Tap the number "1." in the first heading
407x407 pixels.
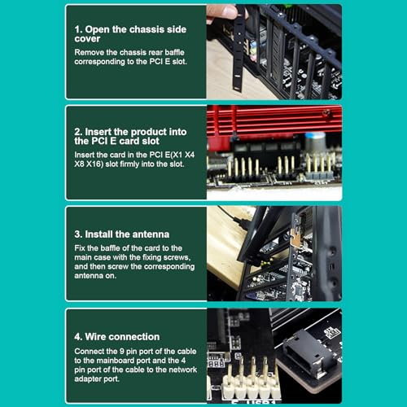click(x=78, y=29)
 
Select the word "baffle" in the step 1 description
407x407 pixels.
click(x=174, y=52)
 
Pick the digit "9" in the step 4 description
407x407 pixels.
click(x=122, y=352)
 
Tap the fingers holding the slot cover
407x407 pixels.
click(x=221, y=14)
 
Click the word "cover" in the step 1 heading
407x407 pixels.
click(x=87, y=39)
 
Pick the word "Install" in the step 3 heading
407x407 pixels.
click(x=98, y=234)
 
